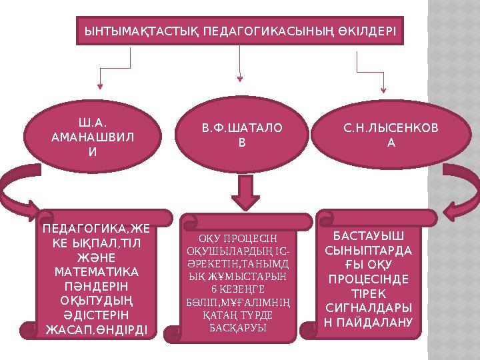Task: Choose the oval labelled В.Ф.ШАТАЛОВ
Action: click(x=242, y=135)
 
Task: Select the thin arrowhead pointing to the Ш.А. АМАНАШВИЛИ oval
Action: click(x=100, y=85)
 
